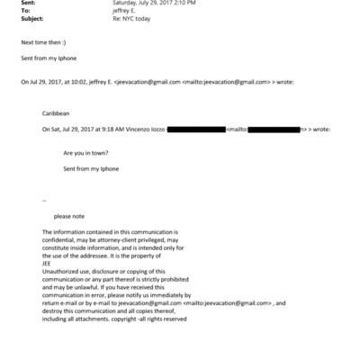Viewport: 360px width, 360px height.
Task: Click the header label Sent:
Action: pos(27,4)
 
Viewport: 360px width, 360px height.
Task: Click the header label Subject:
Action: pos(31,20)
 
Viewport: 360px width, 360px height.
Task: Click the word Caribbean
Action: pos(55,113)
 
